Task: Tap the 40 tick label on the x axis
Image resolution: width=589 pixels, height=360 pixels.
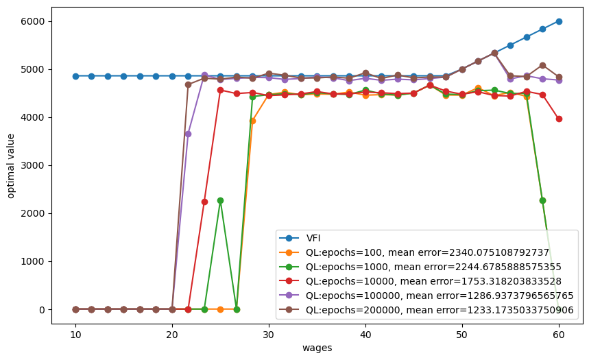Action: point(365,335)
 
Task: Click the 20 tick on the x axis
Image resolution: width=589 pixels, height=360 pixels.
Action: point(172,335)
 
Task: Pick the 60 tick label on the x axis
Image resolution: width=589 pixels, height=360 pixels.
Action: point(559,335)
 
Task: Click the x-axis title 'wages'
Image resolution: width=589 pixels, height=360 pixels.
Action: point(317,348)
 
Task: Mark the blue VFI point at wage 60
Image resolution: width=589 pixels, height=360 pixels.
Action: point(559,21)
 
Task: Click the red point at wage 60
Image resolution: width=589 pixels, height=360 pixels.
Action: point(559,119)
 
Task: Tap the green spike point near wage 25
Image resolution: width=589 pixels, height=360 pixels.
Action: point(220,200)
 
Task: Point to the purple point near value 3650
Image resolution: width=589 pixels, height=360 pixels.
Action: point(188,134)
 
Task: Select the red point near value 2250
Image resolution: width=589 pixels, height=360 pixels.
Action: point(204,202)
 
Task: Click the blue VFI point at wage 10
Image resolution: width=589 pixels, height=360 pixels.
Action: point(75,76)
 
